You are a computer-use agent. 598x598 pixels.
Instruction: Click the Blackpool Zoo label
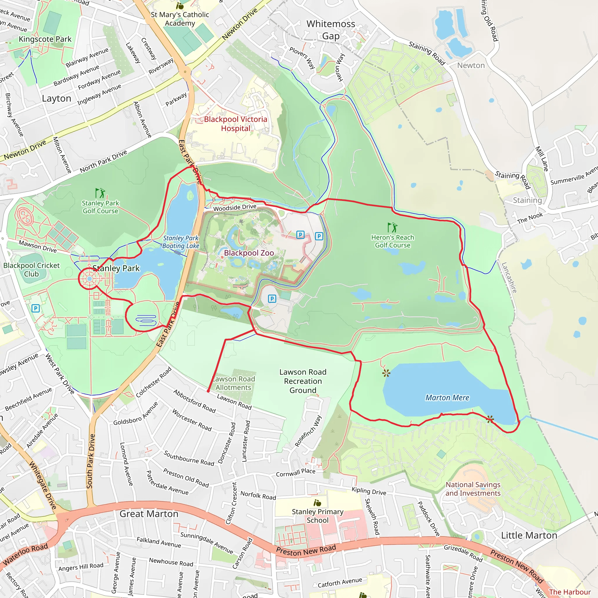point(249,253)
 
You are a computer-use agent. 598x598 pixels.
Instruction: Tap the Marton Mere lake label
point(447,397)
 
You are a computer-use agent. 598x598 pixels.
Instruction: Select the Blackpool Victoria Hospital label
point(235,124)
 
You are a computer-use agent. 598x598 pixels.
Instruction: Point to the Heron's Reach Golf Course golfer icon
point(392,227)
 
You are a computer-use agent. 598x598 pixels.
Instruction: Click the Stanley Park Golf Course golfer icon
point(100,193)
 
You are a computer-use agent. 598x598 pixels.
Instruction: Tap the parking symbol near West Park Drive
point(36,308)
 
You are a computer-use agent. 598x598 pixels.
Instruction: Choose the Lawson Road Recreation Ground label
point(303,381)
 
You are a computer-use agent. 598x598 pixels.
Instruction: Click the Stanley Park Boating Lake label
point(181,242)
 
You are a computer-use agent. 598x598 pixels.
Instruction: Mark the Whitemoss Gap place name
point(331,30)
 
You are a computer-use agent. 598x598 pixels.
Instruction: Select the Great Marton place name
point(149,514)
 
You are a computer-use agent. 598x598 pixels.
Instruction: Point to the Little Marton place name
point(529,535)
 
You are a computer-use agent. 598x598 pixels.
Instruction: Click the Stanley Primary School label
point(318,516)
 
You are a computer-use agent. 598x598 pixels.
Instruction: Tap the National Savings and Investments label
point(473,489)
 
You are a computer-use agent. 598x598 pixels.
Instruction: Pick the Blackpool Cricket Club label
point(31,270)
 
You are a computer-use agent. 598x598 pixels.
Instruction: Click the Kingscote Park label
point(45,39)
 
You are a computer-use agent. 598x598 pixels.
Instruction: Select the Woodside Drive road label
point(235,207)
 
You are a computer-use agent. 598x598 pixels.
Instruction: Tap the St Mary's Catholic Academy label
point(180,19)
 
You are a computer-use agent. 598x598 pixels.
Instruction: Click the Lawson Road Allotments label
point(234,383)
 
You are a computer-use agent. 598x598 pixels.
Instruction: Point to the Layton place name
point(57,98)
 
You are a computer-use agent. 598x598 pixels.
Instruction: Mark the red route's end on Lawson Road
point(208,391)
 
